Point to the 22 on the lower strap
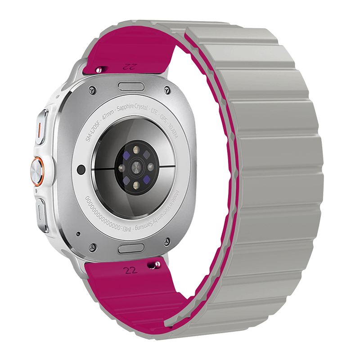(x=130, y=270)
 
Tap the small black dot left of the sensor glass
(x=81, y=169)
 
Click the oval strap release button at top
(x=131, y=85)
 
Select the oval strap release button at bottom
(x=131, y=248)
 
